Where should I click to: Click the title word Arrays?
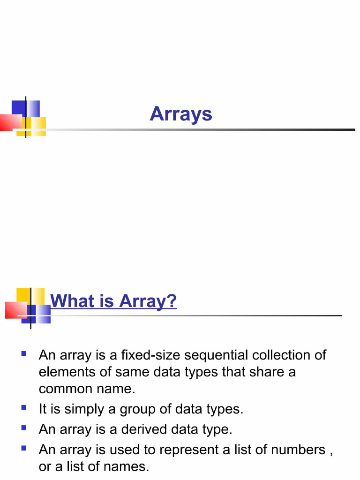click(181, 114)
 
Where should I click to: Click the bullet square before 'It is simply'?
click(23, 408)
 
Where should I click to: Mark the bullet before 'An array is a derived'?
click(23, 428)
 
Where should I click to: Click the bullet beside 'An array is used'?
click(23, 449)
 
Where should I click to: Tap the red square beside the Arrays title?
click(10, 122)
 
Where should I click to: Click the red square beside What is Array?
click(16, 310)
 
